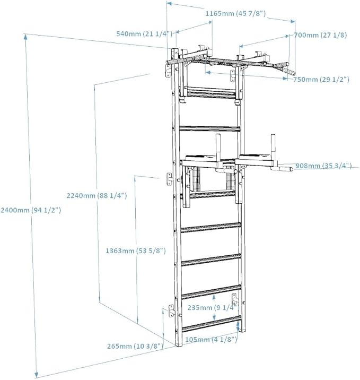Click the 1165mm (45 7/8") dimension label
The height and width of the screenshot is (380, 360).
[x=235, y=13]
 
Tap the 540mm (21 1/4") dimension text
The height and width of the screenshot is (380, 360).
[x=144, y=33]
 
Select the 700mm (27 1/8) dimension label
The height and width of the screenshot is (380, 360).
[x=320, y=35]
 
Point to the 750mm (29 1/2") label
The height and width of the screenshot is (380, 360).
[x=321, y=79]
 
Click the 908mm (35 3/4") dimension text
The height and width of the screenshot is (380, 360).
[x=323, y=166]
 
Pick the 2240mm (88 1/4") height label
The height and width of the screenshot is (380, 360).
[x=96, y=195]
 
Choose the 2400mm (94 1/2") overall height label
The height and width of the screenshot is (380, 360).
[x=31, y=210]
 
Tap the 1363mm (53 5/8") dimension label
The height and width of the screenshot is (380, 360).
[x=136, y=251]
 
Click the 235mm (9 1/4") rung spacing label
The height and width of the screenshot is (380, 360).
[x=212, y=307]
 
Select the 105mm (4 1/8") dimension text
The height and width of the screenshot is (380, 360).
[x=211, y=340]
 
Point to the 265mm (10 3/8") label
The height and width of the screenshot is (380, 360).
[x=135, y=346]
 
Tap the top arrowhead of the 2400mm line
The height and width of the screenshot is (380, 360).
[x=25, y=36]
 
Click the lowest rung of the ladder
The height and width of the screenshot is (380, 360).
[x=212, y=324]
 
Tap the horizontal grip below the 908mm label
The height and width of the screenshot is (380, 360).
[x=285, y=169]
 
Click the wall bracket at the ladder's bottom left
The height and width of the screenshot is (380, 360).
[x=172, y=311]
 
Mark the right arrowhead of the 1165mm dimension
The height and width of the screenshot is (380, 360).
[x=293, y=21]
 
